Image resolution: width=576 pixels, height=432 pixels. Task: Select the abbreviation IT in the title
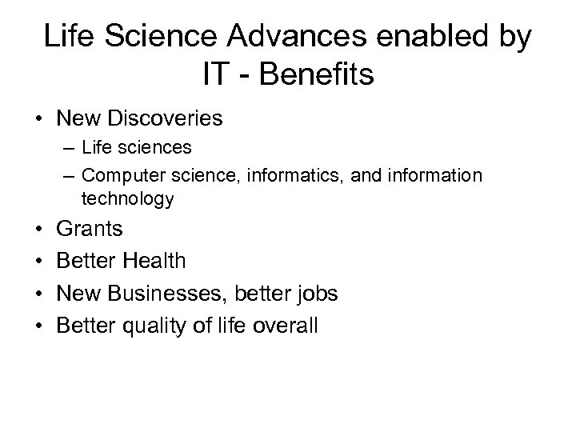pyautogui.click(x=218, y=76)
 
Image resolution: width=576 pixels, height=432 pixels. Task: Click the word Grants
pyautogui.click(x=90, y=230)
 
